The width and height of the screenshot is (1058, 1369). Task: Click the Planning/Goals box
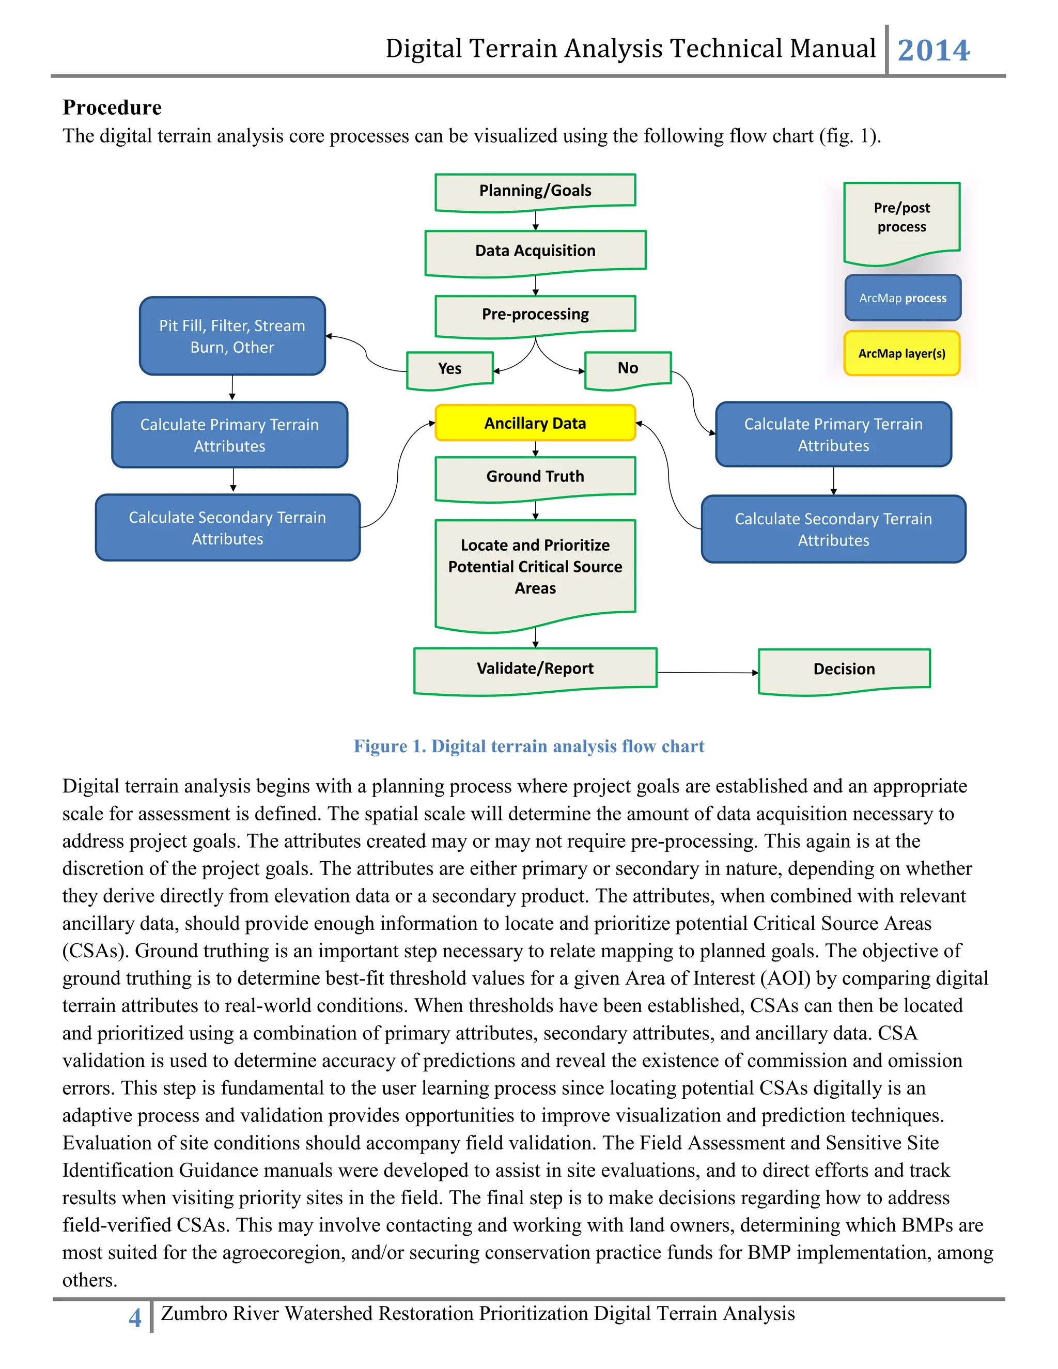[x=535, y=191]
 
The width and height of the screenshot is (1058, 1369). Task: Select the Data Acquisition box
[x=535, y=251]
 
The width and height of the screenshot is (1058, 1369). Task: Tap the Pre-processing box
[x=535, y=314]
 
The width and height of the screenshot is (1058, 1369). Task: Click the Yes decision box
[x=449, y=368]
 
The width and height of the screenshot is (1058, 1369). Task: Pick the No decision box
[x=627, y=368]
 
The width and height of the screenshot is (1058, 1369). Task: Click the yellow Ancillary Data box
[x=535, y=423]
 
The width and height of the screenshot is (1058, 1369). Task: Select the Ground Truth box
[x=535, y=476]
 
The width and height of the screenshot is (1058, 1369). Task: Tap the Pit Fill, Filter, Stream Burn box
[x=232, y=336]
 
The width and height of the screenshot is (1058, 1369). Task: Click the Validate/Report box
[x=535, y=669]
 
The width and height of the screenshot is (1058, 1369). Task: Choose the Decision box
[x=844, y=670]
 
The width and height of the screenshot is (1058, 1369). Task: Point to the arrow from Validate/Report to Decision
[x=707, y=673]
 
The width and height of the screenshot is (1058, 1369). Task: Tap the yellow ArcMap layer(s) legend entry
[x=901, y=353]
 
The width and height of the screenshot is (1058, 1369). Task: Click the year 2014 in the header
[x=933, y=50]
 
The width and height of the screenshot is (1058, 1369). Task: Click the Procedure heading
[x=112, y=107]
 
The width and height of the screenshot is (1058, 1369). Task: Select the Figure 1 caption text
[x=528, y=746]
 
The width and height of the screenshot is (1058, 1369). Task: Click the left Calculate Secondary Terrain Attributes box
[x=227, y=528]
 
